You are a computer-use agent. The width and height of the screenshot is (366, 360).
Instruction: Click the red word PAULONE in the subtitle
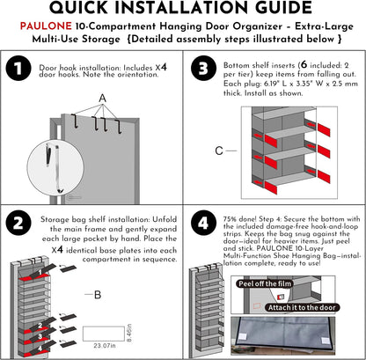tap(46, 26)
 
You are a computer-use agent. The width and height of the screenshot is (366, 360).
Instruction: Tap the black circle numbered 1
tap(18, 69)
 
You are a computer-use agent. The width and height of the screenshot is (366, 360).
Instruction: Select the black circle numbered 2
tap(18, 223)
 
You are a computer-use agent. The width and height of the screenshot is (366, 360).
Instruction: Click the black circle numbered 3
tap(203, 69)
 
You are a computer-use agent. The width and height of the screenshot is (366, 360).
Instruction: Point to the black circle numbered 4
tap(203, 223)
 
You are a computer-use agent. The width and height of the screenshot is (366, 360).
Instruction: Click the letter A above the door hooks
tap(102, 99)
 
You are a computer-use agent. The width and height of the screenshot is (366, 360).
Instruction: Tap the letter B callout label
tap(98, 295)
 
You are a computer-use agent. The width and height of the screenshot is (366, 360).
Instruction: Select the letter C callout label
tap(219, 151)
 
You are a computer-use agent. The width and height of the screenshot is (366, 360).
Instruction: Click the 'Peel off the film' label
tap(265, 283)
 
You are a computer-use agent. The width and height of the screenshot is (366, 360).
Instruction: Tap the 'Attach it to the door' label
tap(302, 307)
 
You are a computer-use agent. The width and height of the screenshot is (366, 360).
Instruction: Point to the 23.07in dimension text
tap(105, 346)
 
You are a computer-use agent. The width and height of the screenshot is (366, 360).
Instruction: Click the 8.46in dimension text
tap(129, 333)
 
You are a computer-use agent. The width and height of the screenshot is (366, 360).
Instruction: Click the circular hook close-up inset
tap(55, 168)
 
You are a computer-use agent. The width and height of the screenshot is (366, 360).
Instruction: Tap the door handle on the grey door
tap(74, 198)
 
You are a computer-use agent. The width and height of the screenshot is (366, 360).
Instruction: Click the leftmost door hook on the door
tap(75, 121)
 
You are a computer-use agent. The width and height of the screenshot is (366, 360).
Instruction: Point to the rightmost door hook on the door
tap(119, 126)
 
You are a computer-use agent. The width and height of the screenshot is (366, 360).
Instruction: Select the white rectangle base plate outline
tap(104, 334)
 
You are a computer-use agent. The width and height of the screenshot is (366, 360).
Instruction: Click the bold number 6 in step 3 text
tap(304, 65)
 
